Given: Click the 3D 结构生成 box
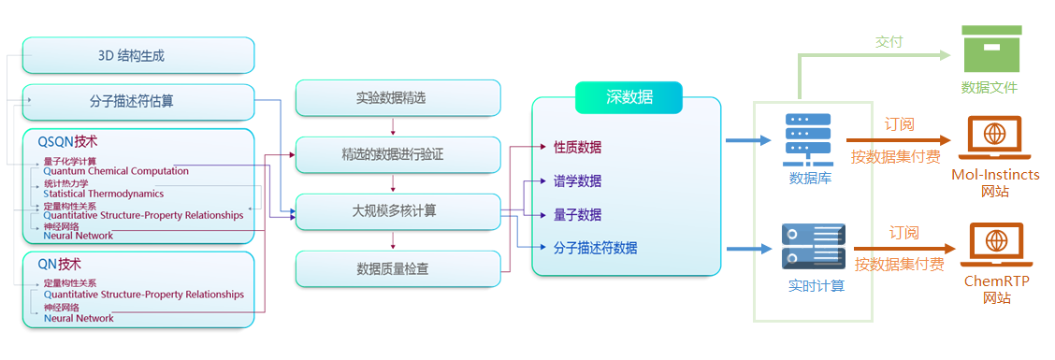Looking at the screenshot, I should [x=137, y=55].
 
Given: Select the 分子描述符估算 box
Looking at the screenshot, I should [x=137, y=102].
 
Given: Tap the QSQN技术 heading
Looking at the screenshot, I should [x=67, y=142].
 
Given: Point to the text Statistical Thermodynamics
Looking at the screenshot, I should [x=103, y=194].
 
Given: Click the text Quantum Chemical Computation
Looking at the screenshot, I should [x=115, y=171].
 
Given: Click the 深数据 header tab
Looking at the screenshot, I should [x=629, y=97].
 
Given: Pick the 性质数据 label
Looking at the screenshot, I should [x=577, y=148].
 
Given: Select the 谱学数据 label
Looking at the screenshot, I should [x=577, y=181].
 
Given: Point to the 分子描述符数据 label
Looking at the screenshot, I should [x=595, y=248].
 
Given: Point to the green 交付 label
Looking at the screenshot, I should [x=889, y=42].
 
